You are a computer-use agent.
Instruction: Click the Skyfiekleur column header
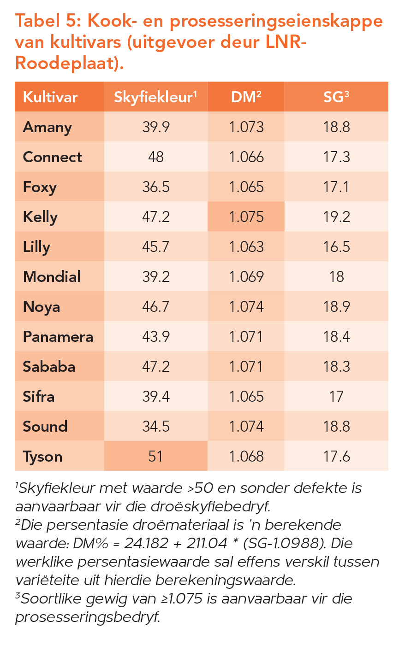pyautogui.click(x=155, y=97)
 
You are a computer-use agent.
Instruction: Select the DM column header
pyautogui.click(x=246, y=97)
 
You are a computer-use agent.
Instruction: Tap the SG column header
pyautogui.click(x=336, y=97)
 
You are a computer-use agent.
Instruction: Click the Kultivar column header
pyautogui.click(x=50, y=97)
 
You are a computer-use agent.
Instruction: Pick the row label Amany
pyautogui.click(x=48, y=127)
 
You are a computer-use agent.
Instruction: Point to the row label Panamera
pyautogui.click(x=58, y=337)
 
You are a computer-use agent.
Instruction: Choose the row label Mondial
pyautogui.click(x=52, y=276)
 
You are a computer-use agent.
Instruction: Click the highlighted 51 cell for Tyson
pyautogui.click(x=155, y=456)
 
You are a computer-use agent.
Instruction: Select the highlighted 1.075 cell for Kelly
pyautogui.click(x=246, y=217)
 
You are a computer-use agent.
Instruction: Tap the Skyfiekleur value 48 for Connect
pyautogui.click(x=155, y=157)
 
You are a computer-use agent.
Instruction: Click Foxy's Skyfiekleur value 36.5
pyautogui.click(x=155, y=187)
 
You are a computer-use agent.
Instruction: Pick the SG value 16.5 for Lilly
pyautogui.click(x=336, y=246)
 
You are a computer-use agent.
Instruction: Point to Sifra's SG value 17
pyautogui.click(x=336, y=396)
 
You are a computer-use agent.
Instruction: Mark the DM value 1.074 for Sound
pyautogui.click(x=246, y=426)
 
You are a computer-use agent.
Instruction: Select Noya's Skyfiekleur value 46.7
pyautogui.click(x=155, y=306)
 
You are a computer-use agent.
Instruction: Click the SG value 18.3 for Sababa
pyautogui.click(x=336, y=366)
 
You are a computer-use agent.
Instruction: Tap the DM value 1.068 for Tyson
pyautogui.click(x=246, y=456)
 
